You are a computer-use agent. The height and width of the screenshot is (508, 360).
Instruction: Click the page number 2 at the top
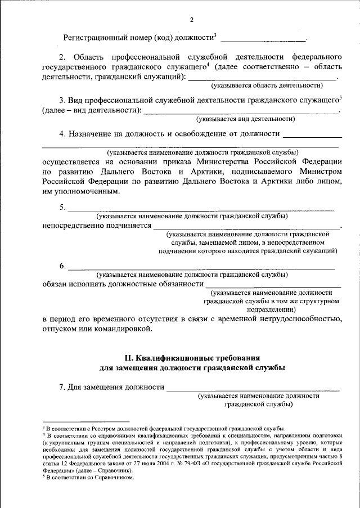[x=191, y=21]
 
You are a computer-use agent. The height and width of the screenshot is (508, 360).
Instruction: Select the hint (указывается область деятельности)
[x=267, y=86]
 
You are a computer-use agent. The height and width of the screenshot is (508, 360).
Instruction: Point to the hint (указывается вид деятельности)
[x=245, y=119]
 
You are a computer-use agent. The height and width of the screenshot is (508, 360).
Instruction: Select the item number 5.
[x=62, y=208]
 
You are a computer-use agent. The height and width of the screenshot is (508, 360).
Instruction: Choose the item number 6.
[x=62, y=266]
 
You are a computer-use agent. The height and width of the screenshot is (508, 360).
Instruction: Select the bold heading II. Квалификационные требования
[x=192, y=358]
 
